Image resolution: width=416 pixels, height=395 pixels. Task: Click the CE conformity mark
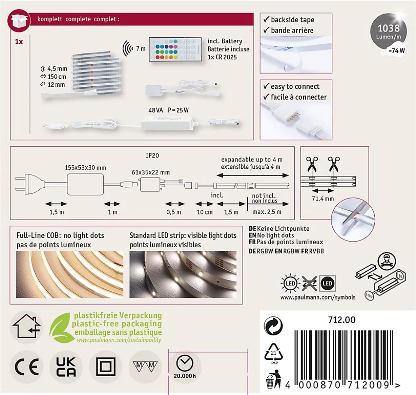tap(27, 367)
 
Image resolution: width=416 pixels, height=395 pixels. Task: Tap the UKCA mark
tap(66, 367)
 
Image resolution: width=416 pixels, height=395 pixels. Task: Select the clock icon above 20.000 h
tap(185, 363)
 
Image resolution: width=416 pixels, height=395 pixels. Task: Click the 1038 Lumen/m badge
tap(389, 31)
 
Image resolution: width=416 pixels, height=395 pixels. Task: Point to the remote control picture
tap(175, 49)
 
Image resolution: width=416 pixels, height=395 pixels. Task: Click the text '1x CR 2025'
tap(222, 57)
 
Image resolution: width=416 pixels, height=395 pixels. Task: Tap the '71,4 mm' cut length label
tap(323, 199)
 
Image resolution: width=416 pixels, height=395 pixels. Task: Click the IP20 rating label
tap(152, 155)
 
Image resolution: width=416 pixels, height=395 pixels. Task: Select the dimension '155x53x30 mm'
tap(85, 168)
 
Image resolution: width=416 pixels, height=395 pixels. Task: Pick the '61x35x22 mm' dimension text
tap(151, 173)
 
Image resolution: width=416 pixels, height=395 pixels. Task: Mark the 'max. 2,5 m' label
tap(267, 212)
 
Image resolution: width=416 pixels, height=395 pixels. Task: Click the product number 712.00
tap(342, 320)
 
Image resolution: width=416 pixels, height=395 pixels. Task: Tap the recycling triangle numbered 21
tap(274, 352)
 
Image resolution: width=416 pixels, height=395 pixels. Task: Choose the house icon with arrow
tap(27, 326)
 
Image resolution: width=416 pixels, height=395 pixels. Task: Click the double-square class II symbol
tap(106, 367)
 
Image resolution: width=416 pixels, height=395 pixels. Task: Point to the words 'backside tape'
tap(292, 20)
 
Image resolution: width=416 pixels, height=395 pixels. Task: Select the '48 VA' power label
tap(156, 110)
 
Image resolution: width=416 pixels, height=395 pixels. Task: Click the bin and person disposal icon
tap(274, 381)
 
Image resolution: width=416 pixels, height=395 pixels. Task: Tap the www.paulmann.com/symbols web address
tap(318, 297)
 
